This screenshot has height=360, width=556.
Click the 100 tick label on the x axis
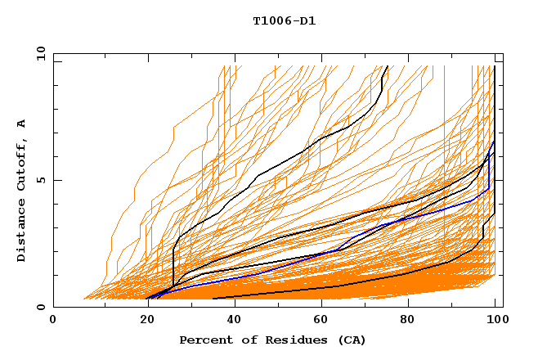click(496, 320)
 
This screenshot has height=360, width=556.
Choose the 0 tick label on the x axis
click(54, 320)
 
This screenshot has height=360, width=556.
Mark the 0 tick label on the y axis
click(40, 308)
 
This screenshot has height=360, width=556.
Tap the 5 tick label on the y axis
click(40, 180)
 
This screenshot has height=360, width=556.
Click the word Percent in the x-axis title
click(205, 340)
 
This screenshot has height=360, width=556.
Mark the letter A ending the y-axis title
click(22, 124)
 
